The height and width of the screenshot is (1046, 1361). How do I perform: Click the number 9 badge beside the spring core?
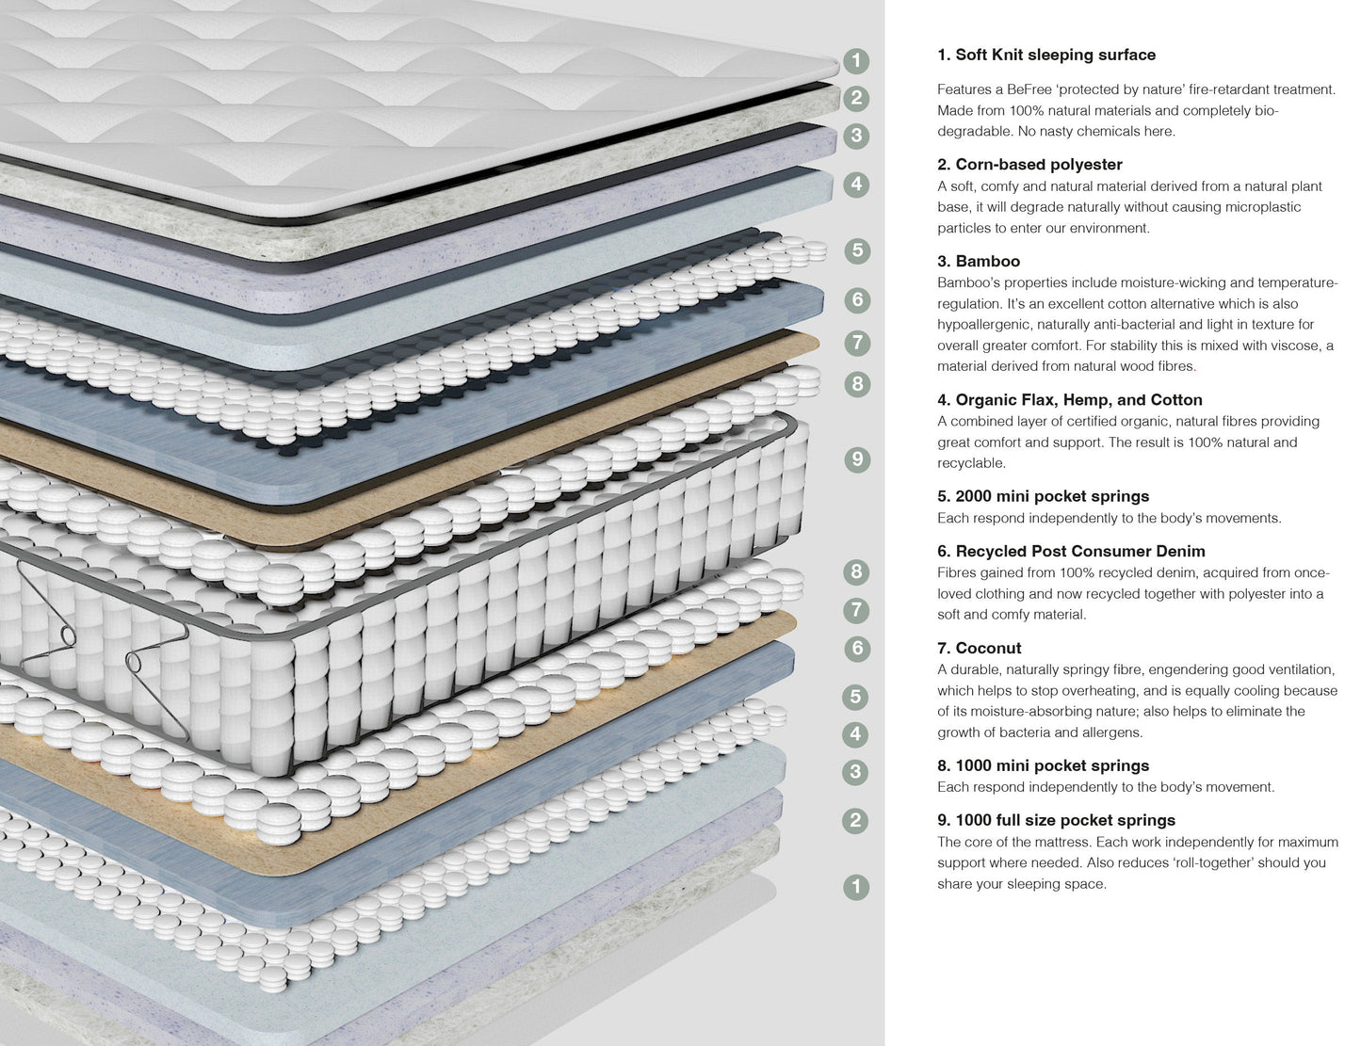pos(856,459)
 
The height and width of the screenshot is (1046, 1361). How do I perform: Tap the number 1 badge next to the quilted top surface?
pos(855,61)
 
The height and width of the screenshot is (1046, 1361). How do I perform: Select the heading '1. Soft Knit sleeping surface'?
pos(1045,55)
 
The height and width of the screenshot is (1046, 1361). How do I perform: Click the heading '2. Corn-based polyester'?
pos(1029,164)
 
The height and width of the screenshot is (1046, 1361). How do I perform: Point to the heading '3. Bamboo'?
pos(979,261)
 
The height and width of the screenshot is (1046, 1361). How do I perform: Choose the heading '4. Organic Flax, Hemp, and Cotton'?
pos(1069,399)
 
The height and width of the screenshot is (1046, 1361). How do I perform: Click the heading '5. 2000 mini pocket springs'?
pos(1043,496)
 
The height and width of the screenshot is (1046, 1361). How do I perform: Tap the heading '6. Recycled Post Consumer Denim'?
pos(1071,551)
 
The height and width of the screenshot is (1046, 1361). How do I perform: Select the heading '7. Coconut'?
pos(979,648)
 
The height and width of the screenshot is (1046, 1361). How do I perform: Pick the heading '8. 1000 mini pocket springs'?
pos(1043,765)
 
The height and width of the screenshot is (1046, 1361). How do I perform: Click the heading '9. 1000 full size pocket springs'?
pos(1056,820)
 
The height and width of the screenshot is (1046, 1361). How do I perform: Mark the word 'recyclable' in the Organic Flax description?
pos(971,463)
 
